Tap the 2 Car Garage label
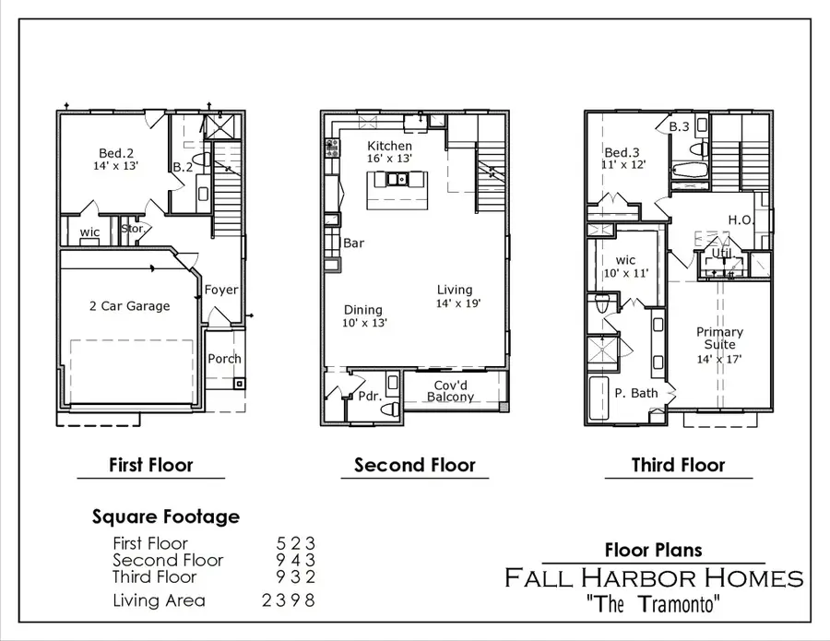coord(129,305)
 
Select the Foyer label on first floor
coord(221,290)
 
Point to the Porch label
coord(224,359)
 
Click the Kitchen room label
coord(390,146)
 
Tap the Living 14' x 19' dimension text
coord(458,303)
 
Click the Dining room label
coord(363,311)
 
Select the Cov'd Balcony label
coord(450,390)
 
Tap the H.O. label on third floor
coord(741,220)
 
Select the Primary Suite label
coord(719,338)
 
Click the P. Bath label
coord(635,393)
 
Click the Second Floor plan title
coord(415,465)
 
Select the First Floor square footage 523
coord(297,543)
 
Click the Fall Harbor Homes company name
coord(653,578)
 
